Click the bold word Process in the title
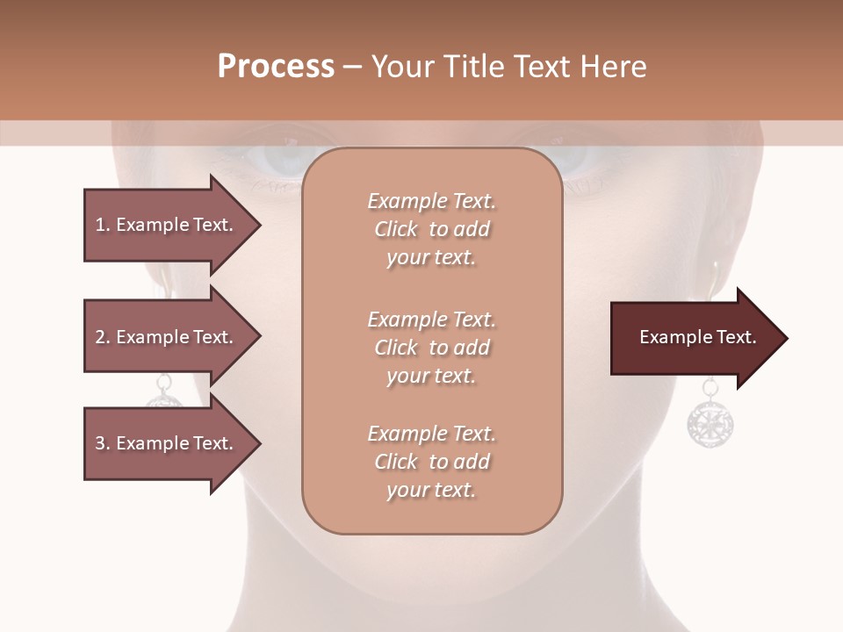[276, 67]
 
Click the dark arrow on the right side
[694, 338]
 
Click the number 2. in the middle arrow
[103, 337]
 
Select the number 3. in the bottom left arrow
[103, 443]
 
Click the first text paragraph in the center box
[431, 229]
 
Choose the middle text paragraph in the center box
[431, 348]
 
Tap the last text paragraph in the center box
[431, 462]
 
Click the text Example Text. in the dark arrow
[697, 337]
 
